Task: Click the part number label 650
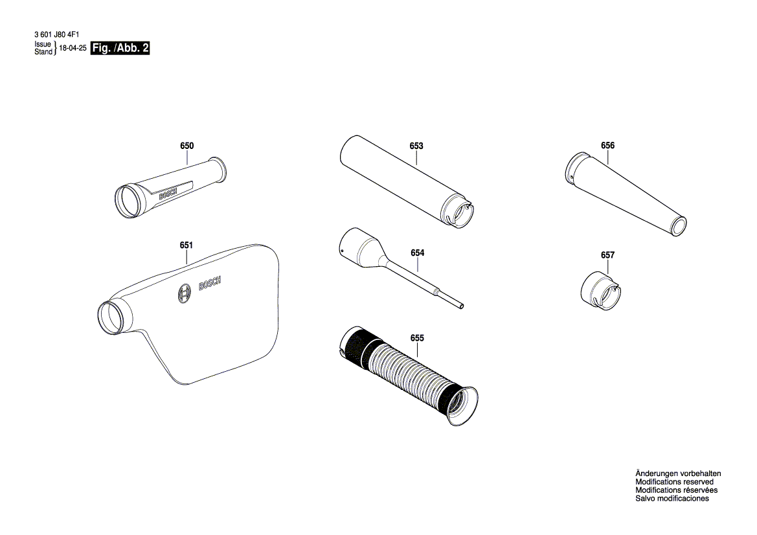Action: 186,146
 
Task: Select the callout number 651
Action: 186,245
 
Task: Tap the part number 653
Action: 416,146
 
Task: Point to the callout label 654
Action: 418,253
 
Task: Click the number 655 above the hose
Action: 417,338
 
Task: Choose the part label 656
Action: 607,146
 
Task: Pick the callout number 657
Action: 607,256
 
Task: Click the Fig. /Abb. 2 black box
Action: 120,49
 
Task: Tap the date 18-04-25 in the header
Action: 73,49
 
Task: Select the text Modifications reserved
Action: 674,482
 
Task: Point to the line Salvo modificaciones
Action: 672,499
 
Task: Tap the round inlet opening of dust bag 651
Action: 111,318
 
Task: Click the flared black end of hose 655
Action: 462,405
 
